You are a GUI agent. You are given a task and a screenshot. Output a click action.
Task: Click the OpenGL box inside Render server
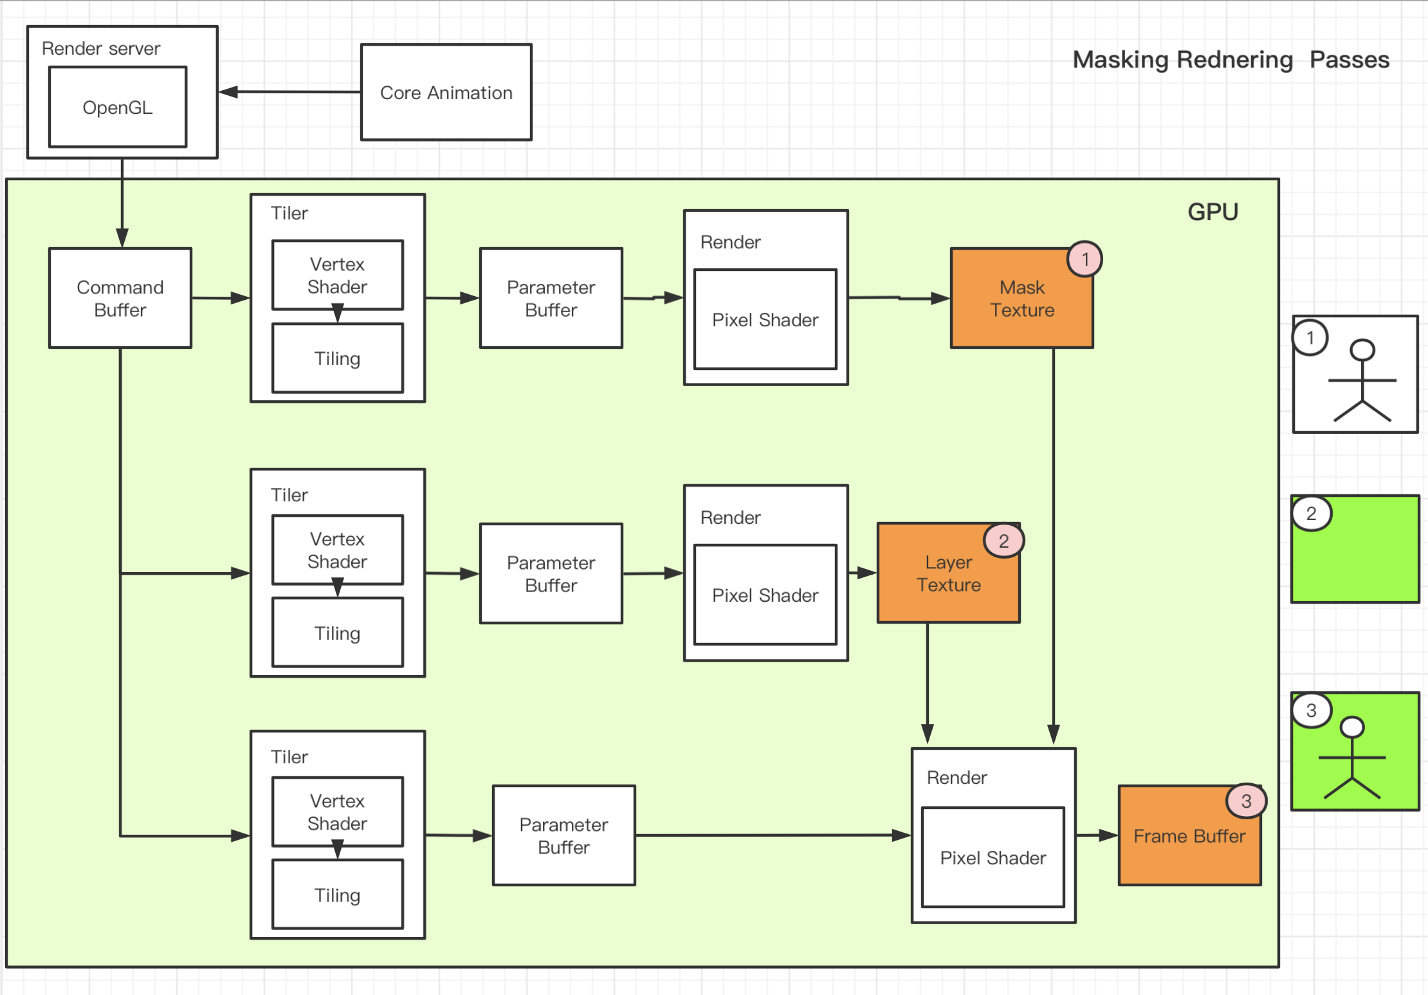118,107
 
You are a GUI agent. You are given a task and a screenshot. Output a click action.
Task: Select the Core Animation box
446,92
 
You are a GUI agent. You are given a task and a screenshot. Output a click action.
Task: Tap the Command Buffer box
120,298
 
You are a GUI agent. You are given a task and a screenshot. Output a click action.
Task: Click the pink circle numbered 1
1085,259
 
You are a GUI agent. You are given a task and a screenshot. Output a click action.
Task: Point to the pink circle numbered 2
1003,541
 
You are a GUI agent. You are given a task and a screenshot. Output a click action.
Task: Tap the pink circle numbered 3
1246,801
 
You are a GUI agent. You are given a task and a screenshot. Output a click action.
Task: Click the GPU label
1213,212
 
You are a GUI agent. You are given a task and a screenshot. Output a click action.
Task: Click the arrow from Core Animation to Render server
289,92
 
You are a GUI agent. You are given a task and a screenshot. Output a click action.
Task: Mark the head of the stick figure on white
1362,350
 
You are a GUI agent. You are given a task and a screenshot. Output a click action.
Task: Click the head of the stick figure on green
1352,727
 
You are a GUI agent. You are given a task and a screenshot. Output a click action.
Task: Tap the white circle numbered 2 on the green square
1311,514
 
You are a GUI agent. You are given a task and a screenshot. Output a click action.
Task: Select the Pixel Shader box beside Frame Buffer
993,857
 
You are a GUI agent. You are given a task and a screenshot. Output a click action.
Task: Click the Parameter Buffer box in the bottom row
563,835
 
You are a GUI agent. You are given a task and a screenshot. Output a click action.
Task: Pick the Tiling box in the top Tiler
338,358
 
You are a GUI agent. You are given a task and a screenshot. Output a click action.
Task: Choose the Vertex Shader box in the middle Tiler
338,550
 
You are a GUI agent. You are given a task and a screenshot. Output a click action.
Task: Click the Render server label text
101,48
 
